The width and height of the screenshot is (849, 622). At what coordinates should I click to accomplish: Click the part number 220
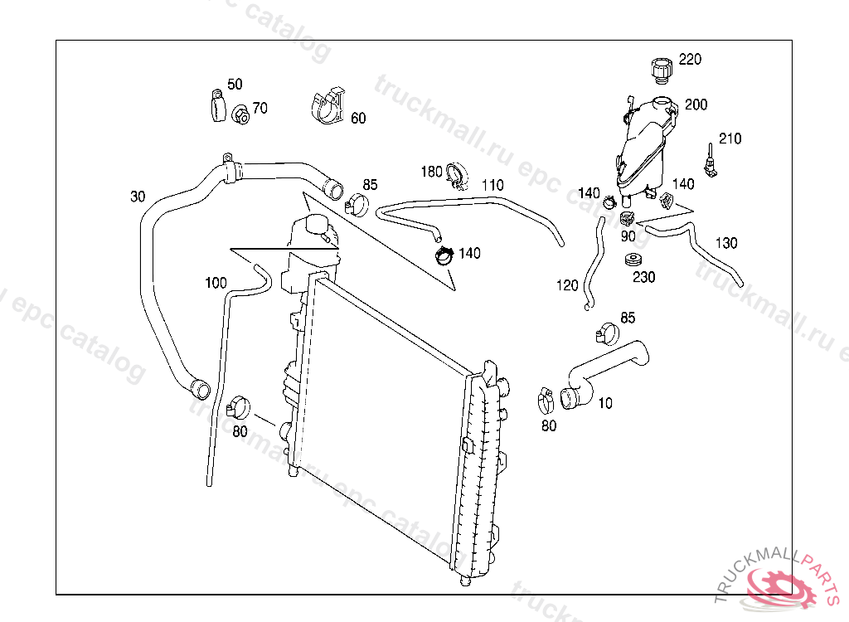click(690, 59)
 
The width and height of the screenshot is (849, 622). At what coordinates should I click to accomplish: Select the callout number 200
click(696, 104)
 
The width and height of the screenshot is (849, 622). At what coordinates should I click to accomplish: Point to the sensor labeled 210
click(710, 161)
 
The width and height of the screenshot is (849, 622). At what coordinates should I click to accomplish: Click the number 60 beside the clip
click(358, 119)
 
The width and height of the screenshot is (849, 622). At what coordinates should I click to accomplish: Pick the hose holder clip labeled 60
click(328, 105)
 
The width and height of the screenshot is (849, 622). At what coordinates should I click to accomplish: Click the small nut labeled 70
click(240, 114)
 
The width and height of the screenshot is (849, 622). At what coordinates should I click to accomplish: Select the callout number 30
click(138, 197)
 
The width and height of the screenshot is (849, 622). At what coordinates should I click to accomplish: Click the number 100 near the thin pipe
click(216, 283)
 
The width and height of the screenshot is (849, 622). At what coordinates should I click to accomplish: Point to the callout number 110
click(492, 184)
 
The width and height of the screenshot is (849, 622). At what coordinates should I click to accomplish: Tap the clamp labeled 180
click(455, 176)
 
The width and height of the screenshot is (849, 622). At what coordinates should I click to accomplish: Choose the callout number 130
click(726, 243)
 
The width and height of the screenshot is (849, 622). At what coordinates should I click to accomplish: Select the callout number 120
click(567, 285)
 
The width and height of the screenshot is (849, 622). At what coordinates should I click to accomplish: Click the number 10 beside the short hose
click(605, 403)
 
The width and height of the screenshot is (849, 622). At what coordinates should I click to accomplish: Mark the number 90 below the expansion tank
click(628, 236)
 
